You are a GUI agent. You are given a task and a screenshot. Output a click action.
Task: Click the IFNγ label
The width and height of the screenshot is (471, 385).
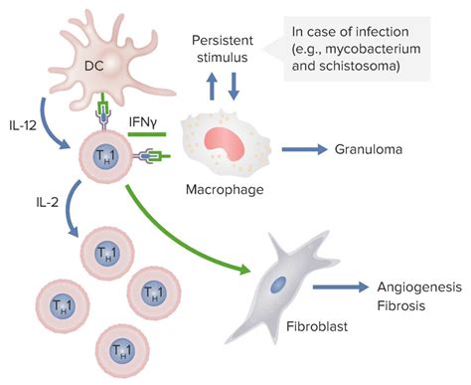pos(145,120)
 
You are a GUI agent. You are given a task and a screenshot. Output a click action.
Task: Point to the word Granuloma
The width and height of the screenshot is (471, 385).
pos(374,150)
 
